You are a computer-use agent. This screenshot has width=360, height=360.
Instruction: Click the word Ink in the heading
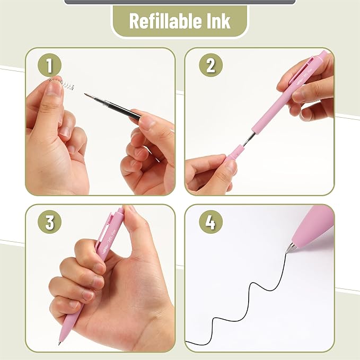click(217, 21)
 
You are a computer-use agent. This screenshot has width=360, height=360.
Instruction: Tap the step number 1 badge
click(49, 66)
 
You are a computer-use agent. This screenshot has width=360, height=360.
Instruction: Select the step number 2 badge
click(210, 66)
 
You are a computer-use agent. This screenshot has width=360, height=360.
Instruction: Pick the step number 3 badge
click(49, 223)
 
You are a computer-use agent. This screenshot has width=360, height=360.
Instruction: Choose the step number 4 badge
click(210, 223)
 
